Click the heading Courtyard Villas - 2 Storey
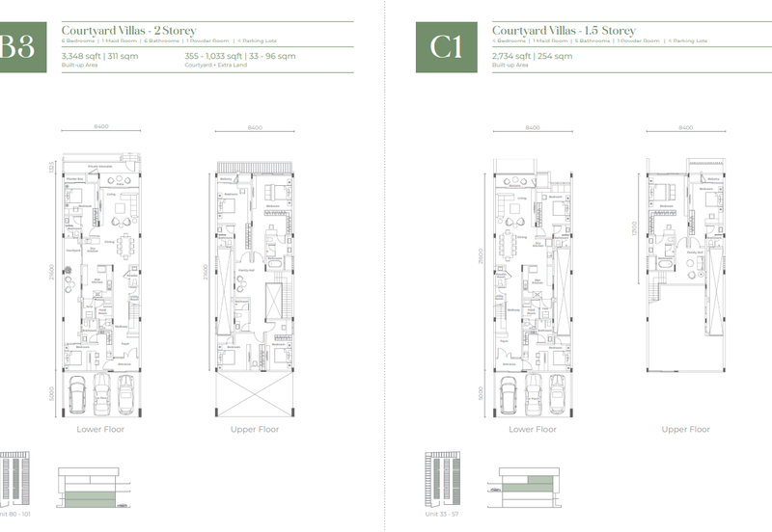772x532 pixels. pyautogui.click(x=128, y=31)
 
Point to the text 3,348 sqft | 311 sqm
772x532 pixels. pyautogui.click(x=99, y=57)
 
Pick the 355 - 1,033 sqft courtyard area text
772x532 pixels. pyautogui.click(x=239, y=57)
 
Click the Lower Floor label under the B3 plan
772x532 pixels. pyautogui.click(x=101, y=429)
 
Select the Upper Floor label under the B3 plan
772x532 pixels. pyautogui.click(x=255, y=429)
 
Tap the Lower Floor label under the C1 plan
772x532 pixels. pyautogui.click(x=533, y=429)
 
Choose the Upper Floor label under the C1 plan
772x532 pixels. pyautogui.click(x=686, y=429)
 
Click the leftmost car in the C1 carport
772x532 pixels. pyautogui.click(x=509, y=393)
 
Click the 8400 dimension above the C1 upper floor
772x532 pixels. pyautogui.click(x=686, y=128)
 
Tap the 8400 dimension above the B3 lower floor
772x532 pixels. pyautogui.click(x=101, y=128)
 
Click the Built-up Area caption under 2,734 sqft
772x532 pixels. pyautogui.click(x=510, y=66)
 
